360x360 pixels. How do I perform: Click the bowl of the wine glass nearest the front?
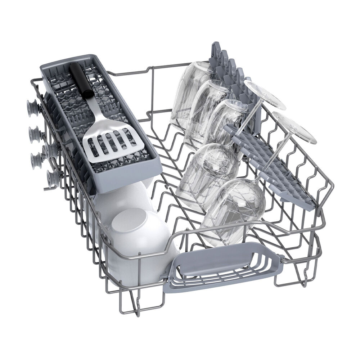[236, 209]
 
